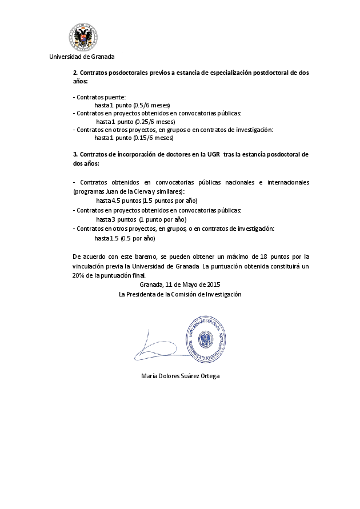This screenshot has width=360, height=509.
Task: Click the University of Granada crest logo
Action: (x=82, y=38)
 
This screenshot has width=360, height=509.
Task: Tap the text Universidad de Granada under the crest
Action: (x=82, y=57)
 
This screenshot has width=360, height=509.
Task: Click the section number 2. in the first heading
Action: (x=75, y=73)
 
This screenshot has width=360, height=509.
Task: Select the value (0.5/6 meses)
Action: (x=151, y=106)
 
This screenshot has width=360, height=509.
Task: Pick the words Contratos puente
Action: (x=101, y=98)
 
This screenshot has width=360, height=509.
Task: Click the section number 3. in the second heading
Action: (x=75, y=154)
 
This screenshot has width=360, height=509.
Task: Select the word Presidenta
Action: (x=143, y=294)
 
